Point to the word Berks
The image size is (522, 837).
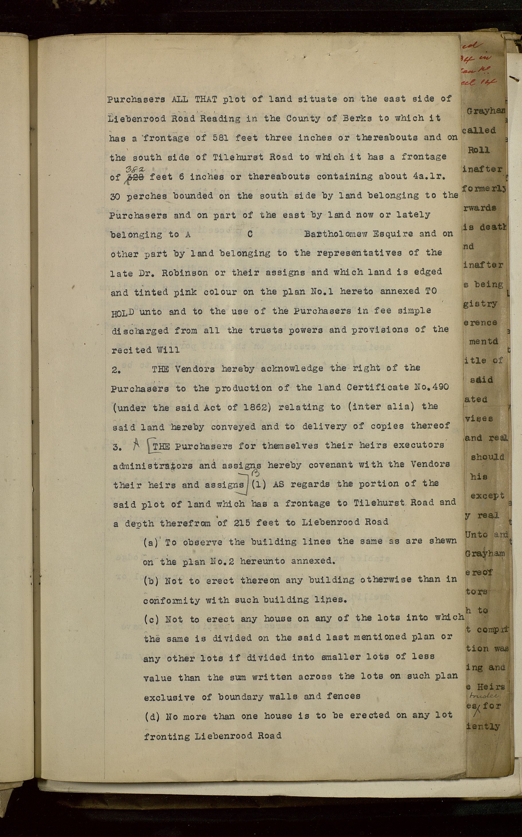357,118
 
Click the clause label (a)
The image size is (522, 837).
151,543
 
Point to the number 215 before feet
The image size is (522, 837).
244,523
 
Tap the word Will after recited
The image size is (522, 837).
168,350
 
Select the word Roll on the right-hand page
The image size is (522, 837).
478,150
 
